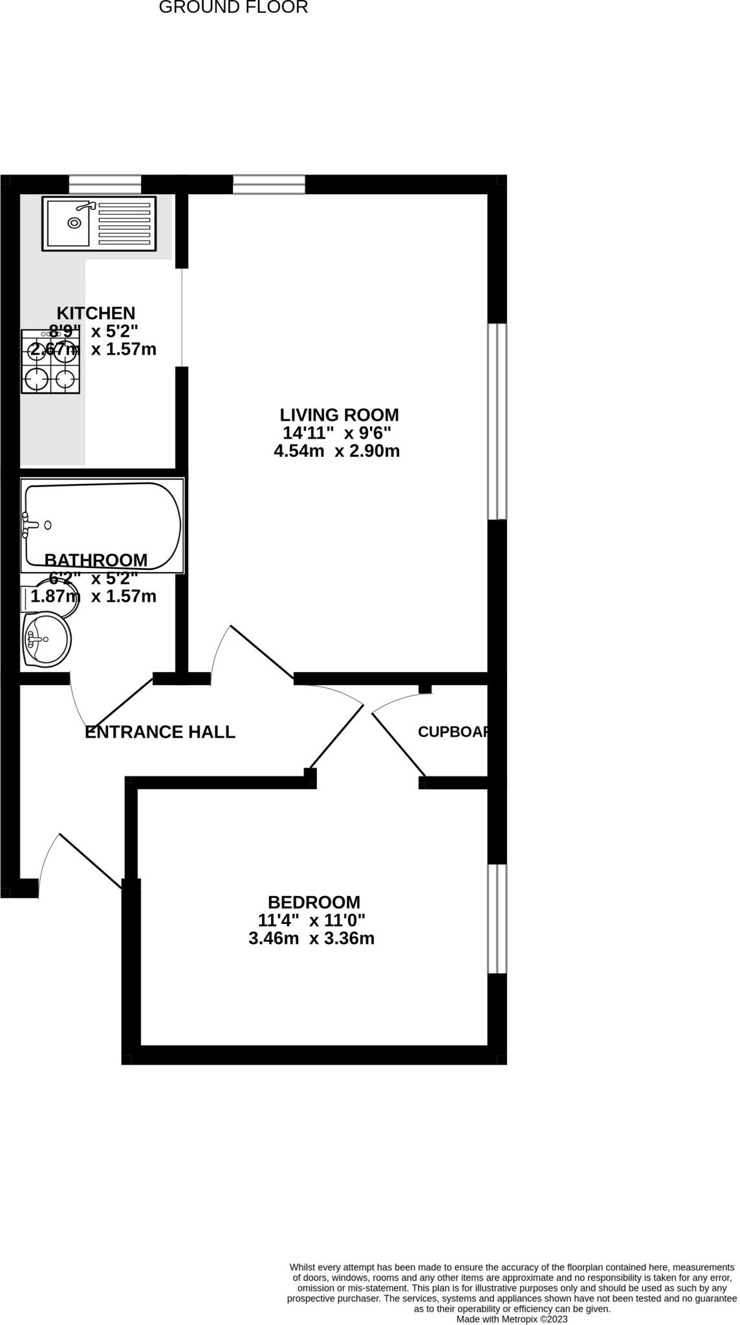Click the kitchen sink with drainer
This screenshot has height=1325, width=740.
[x=99, y=223]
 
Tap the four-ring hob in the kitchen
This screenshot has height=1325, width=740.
[x=50, y=362]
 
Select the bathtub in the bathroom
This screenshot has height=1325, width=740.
[x=102, y=525]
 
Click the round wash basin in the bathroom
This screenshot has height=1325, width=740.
[x=46, y=640]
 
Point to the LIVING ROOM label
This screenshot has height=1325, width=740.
[x=339, y=415]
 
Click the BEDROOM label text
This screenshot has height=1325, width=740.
[x=314, y=902]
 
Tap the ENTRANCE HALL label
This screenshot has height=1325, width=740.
[x=160, y=732]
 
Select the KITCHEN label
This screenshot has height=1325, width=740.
[x=96, y=313]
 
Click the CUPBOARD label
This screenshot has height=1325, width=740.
[x=452, y=732]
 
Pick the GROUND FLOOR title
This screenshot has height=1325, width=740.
[x=233, y=8]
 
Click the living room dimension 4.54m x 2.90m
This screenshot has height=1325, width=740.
[x=336, y=451]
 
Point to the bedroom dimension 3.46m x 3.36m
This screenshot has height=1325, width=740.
[x=311, y=938]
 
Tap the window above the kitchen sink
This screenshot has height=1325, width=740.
[x=105, y=184]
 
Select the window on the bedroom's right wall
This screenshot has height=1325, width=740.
[x=497, y=919]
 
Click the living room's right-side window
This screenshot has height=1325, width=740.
[x=497, y=421]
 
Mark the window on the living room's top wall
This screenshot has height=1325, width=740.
[x=268, y=184]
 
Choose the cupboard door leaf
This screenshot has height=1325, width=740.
[x=398, y=744]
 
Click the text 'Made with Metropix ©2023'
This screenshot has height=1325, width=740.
[x=512, y=1319]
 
